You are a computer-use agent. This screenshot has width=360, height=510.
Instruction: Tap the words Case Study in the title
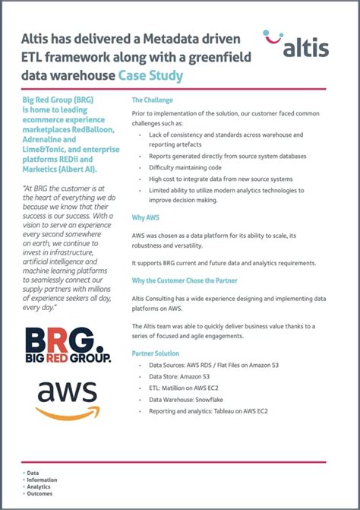click(x=150, y=76)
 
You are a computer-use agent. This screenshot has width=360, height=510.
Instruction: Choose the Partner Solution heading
click(x=156, y=353)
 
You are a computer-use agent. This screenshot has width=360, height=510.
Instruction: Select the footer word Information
click(x=41, y=479)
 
